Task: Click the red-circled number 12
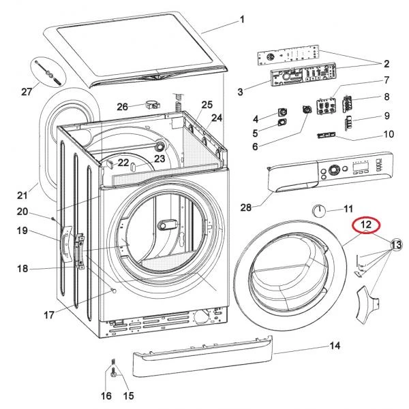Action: (366, 223)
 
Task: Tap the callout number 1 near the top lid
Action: (242, 20)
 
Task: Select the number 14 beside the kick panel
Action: (334, 346)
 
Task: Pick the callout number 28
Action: (247, 206)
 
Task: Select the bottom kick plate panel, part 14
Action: (198, 359)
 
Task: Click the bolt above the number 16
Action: (112, 372)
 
